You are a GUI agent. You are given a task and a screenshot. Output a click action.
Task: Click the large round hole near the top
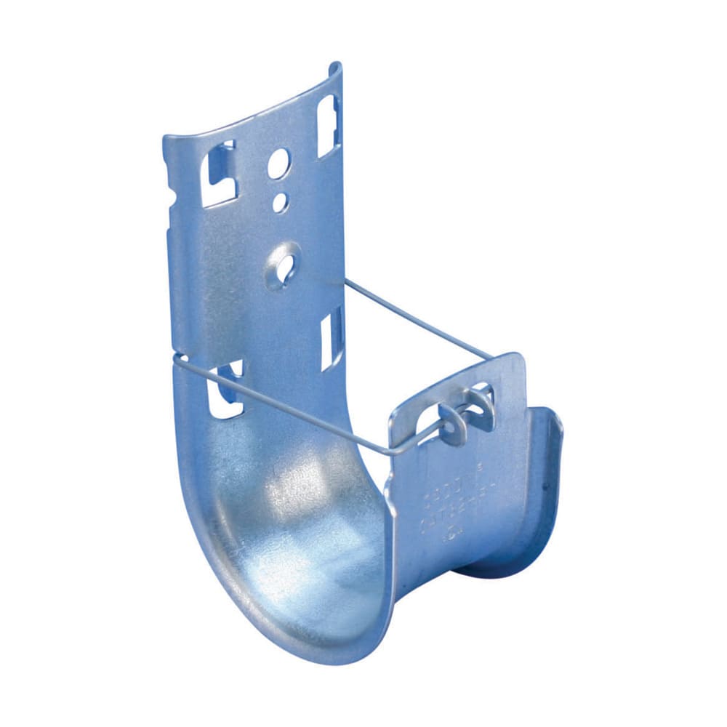[278, 164]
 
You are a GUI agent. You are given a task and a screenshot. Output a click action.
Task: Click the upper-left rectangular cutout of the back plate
[221, 174]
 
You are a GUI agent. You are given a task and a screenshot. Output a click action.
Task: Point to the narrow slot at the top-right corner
[328, 125]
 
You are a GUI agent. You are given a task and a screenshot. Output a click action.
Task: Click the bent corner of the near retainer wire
[393, 453]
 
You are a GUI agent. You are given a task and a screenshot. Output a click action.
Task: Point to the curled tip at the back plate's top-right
[335, 68]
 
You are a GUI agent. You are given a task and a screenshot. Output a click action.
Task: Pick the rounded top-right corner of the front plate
[518, 361]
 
